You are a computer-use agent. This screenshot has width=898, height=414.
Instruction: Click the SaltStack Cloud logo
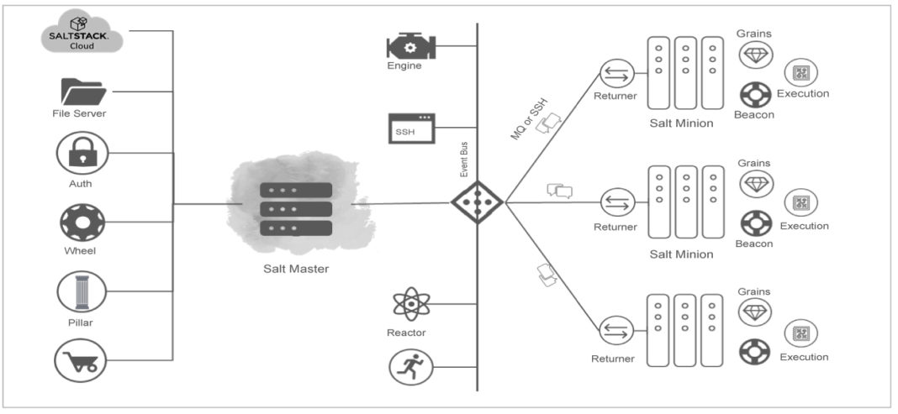click(x=82, y=33)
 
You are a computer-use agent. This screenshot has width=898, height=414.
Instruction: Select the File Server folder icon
click(x=82, y=91)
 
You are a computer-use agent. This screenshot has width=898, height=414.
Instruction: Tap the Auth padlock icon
click(x=82, y=153)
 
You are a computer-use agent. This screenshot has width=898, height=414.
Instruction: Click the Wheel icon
click(x=82, y=223)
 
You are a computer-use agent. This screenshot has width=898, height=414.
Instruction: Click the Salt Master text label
click(x=296, y=268)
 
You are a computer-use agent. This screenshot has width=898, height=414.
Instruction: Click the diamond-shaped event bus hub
click(x=477, y=202)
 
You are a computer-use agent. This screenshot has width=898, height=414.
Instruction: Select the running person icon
click(x=410, y=366)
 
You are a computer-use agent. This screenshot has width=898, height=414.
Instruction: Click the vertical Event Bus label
click(x=463, y=160)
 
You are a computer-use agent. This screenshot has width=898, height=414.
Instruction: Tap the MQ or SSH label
click(x=529, y=118)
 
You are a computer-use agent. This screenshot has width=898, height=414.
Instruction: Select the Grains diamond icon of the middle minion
click(x=755, y=183)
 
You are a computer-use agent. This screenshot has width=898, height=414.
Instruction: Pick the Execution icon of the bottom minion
click(x=801, y=333)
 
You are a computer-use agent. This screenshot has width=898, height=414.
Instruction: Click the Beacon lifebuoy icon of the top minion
click(x=755, y=93)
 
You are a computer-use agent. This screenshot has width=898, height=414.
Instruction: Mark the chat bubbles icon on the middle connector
click(x=558, y=191)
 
